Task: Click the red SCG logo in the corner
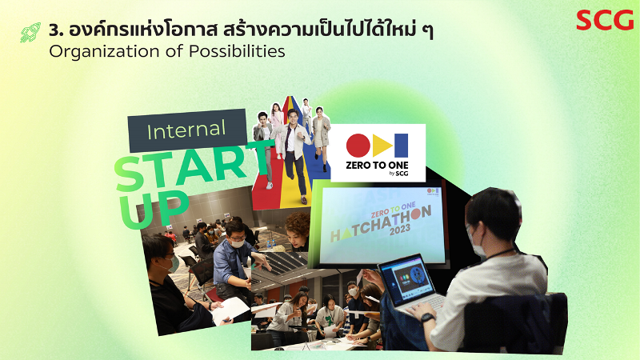605,21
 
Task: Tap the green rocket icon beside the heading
30,32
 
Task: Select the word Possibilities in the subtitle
237,51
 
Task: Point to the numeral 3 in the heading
54,30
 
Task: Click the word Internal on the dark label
186,130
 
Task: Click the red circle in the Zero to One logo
358,146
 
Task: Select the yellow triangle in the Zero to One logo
382,146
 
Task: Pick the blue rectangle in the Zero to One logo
401,146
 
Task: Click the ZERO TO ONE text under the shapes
377,166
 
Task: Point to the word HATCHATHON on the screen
381,224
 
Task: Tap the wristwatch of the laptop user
427,318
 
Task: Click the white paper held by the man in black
230,310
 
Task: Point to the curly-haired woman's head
298,229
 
